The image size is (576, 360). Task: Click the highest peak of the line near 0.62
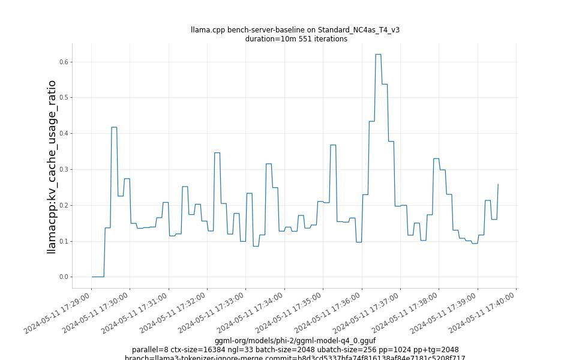tap(378, 55)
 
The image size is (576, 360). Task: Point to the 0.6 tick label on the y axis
tap(64, 62)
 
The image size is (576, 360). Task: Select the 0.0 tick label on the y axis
tap(64, 277)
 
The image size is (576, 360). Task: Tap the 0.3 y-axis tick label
tap(64, 170)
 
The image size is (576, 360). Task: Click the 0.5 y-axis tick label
tap(64, 98)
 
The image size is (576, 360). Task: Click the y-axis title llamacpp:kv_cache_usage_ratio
tap(52, 167)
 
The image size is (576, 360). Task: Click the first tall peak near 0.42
tap(114, 127)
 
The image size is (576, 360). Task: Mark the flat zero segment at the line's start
tap(98, 277)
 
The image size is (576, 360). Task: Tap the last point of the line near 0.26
tap(498, 185)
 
